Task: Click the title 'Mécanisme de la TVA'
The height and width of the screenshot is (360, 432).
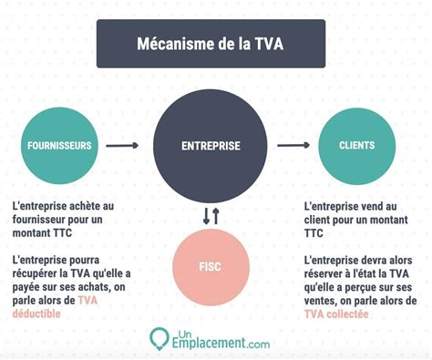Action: click(211, 43)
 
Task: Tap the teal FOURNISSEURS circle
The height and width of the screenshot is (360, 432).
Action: click(57, 144)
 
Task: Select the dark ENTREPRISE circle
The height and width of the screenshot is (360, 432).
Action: click(211, 145)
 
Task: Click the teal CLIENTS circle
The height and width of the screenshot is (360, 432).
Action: click(356, 144)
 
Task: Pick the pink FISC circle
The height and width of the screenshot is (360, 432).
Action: click(211, 268)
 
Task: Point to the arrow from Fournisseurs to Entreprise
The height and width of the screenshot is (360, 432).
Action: click(122, 145)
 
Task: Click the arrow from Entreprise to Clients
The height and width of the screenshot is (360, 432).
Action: click(293, 144)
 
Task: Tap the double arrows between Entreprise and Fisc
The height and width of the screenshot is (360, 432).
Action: click(211, 216)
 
